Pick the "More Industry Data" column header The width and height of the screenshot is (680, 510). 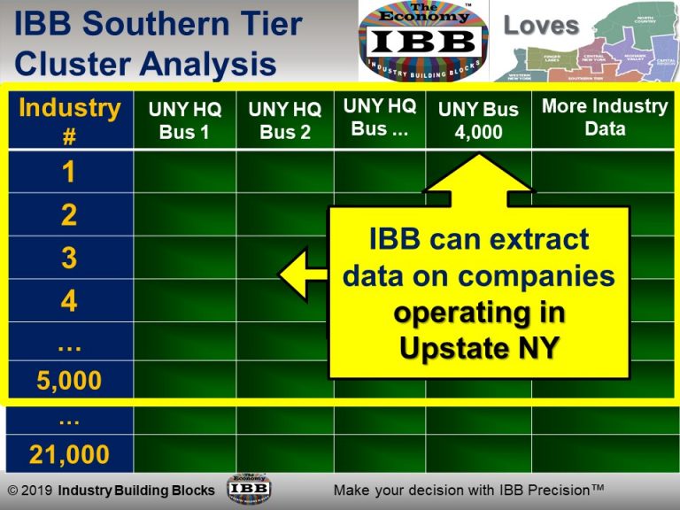pyautogui.click(x=605, y=118)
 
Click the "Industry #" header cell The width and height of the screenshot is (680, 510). pyautogui.click(x=69, y=119)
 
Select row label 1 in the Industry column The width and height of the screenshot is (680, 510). pyautogui.click(x=69, y=173)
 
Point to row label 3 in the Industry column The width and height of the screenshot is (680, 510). pyautogui.click(x=69, y=259)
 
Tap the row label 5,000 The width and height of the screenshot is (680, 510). pyautogui.click(x=69, y=382)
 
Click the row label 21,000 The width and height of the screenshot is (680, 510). pyautogui.click(x=69, y=455)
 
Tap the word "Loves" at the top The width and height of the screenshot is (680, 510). pyautogui.click(x=541, y=25)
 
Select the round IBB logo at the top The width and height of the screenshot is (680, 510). pyautogui.click(x=422, y=41)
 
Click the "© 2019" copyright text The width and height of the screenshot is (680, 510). pyautogui.click(x=30, y=491)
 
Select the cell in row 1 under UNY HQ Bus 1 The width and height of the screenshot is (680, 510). pyautogui.click(x=185, y=173)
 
